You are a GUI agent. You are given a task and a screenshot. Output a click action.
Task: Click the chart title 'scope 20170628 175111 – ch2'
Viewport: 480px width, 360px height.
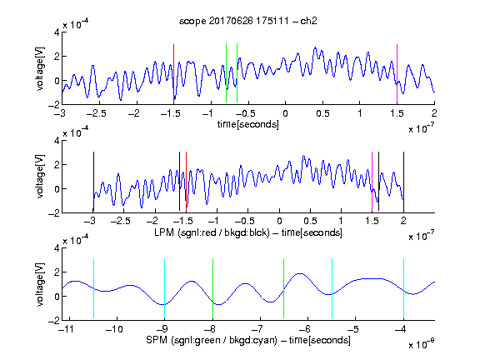[248, 21]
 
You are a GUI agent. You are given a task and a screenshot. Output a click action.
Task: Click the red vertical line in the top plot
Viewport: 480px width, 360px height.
[173, 73]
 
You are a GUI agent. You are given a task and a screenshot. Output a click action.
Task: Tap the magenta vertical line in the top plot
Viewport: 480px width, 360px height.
[397, 73]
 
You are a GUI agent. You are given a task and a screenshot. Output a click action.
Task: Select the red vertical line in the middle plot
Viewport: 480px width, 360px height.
[186, 182]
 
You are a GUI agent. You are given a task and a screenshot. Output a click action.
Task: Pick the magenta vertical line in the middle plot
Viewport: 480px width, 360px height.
[372, 182]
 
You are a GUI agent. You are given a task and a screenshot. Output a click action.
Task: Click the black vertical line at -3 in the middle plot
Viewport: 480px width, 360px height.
[93, 182]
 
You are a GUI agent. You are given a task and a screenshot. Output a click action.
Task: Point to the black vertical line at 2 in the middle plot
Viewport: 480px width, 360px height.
[403, 182]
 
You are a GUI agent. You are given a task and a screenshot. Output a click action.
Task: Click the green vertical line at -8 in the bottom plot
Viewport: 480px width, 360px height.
[212, 288]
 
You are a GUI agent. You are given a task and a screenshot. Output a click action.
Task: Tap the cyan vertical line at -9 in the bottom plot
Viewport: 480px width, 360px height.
[164, 288]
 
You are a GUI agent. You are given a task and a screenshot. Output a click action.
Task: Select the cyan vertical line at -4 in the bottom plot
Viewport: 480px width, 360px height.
[403, 288]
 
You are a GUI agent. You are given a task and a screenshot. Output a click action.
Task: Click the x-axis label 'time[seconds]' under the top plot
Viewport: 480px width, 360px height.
[248, 124]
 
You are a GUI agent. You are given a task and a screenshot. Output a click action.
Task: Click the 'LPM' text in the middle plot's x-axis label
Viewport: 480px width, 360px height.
[164, 232]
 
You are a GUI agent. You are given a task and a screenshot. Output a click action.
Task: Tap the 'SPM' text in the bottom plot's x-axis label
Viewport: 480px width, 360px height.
[157, 340]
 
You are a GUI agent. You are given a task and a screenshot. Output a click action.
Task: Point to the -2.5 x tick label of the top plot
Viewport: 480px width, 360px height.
[96, 113]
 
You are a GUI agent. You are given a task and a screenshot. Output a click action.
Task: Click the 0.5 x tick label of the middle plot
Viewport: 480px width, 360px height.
[310, 221]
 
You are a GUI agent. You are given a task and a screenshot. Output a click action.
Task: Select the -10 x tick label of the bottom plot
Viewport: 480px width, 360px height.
[114, 329]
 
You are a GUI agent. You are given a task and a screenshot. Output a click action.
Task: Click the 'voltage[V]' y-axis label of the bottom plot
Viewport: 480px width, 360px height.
[40, 284]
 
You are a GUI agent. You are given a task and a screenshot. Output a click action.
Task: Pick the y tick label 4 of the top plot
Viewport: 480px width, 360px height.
[57, 32]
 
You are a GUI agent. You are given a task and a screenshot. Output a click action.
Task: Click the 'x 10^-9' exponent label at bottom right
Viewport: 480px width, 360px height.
[422, 344]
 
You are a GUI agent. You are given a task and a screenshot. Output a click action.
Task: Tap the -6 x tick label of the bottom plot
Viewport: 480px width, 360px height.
[305, 329]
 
